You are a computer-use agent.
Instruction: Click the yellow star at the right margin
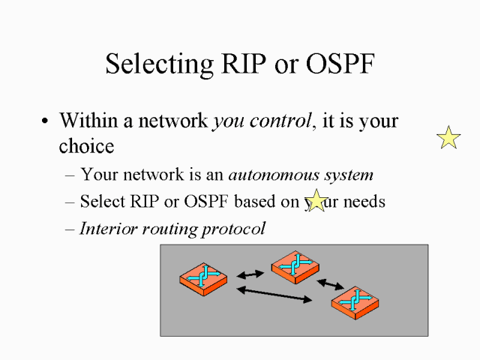pos(448,137)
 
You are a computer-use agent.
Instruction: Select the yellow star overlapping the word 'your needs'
pos(317,200)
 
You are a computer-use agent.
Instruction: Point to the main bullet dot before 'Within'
pos(46,121)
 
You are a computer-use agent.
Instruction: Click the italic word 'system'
pos(349,175)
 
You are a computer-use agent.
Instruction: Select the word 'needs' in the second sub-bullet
pos(363,202)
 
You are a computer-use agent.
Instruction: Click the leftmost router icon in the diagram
pos(203,277)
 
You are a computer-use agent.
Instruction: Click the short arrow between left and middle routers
pos(250,274)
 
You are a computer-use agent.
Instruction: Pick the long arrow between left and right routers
pos(274,295)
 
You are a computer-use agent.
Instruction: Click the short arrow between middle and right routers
pos(330,284)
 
